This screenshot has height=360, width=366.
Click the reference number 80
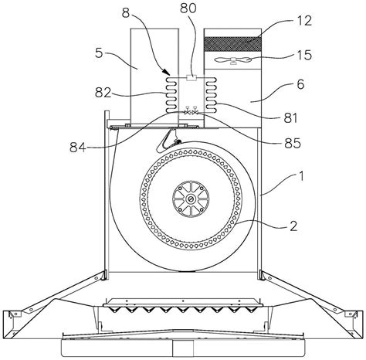point(188,8)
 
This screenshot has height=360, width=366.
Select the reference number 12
point(304,21)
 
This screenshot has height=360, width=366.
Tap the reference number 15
point(304,55)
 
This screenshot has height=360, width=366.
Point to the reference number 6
point(300,84)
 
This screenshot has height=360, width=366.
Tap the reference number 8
point(126,13)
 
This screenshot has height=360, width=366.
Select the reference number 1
point(301,177)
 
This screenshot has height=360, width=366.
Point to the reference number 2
point(293,226)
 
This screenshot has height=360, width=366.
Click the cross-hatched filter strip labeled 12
point(232,44)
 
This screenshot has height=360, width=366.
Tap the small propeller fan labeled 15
point(233,60)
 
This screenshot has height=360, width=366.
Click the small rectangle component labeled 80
point(191,77)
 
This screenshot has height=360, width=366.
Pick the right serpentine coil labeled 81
point(211,95)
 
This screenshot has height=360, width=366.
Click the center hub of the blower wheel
point(191,199)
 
